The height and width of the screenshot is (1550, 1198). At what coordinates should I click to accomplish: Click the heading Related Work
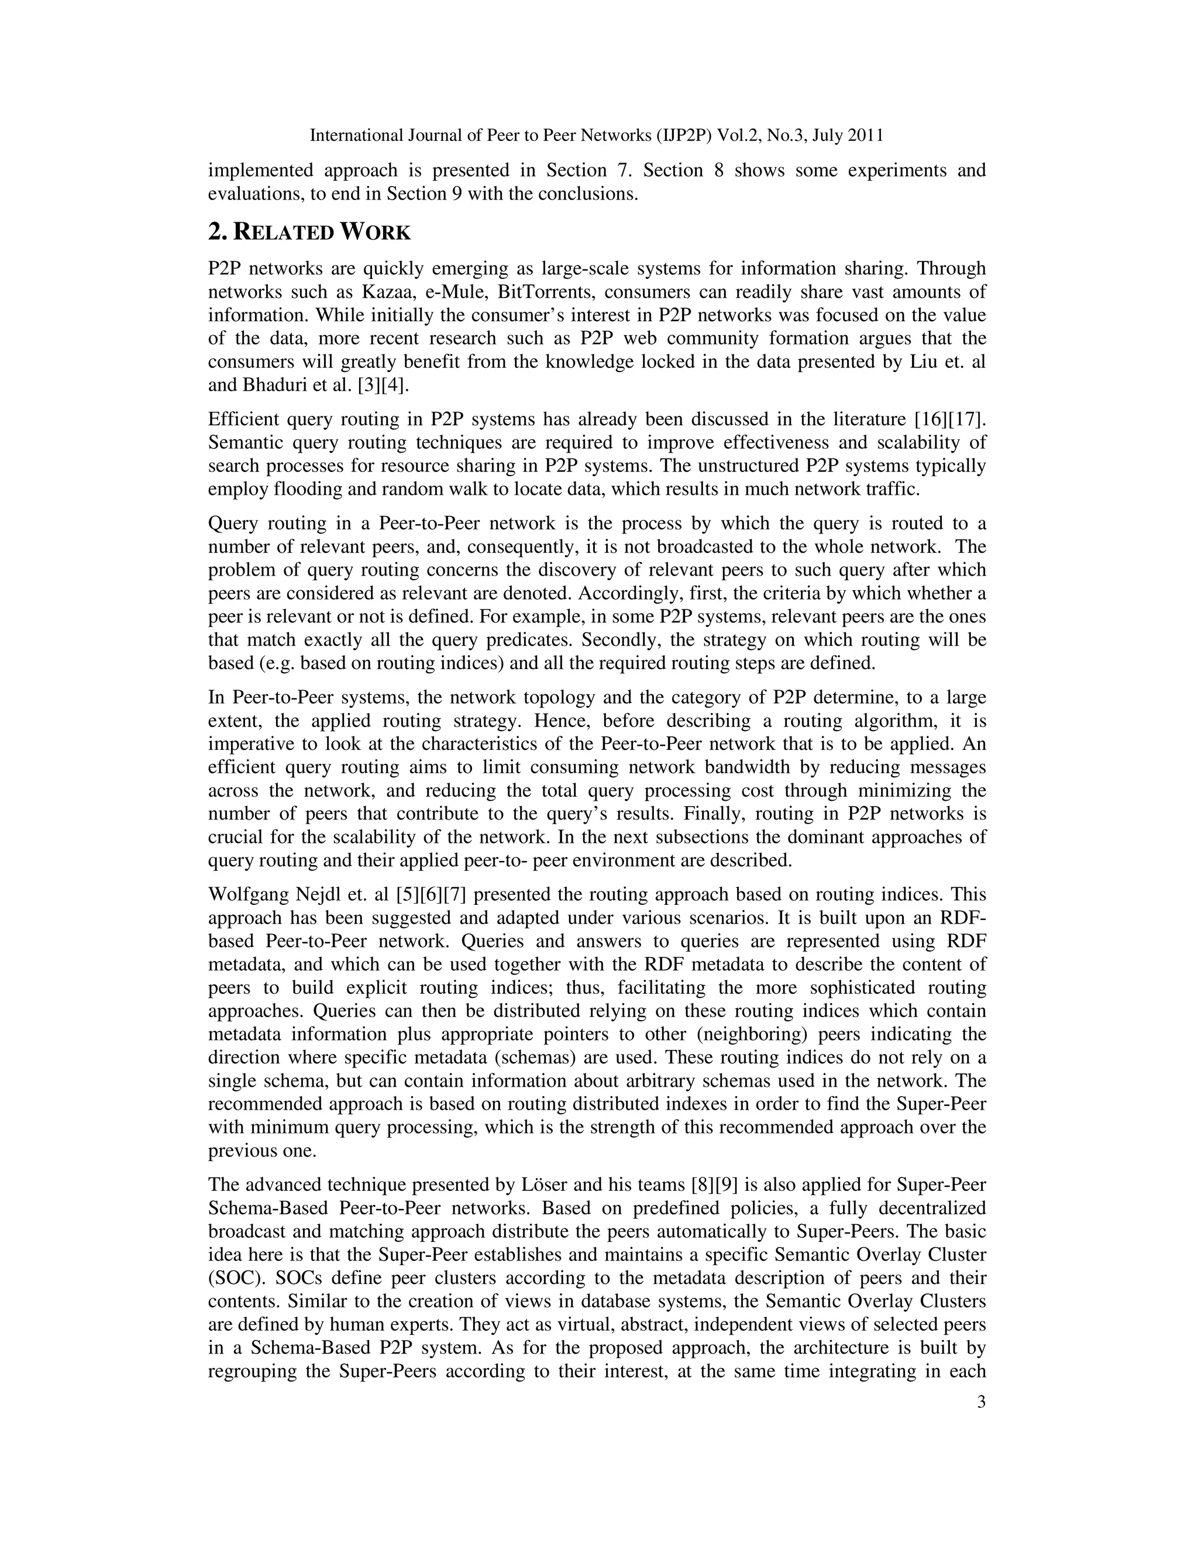coord(309,232)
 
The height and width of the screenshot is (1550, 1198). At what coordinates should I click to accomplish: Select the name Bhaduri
coord(272,385)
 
